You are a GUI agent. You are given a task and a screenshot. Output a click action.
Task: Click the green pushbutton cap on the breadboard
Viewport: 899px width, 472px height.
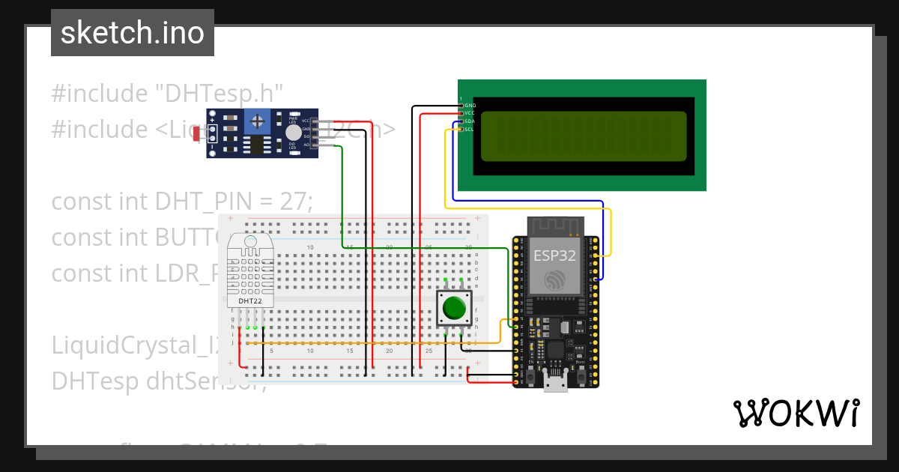[x=454, y=308]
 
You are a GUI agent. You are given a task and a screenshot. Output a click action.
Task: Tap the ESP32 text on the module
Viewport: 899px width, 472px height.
[x=554, y=255]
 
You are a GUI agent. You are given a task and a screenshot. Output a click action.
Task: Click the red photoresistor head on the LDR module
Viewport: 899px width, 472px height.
[x=196, y=134]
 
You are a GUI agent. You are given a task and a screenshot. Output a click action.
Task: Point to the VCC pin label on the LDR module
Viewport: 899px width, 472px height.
[x=306, y=121]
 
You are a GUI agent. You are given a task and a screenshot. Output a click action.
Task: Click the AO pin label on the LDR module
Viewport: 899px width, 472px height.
[x=306, y=145]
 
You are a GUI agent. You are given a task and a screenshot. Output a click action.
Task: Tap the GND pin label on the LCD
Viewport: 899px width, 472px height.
[x=470, y=106]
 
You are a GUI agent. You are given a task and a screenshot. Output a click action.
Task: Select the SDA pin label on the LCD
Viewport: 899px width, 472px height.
[x=470, y=121]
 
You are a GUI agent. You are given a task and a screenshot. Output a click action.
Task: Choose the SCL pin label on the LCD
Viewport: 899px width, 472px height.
[x=470, y=129]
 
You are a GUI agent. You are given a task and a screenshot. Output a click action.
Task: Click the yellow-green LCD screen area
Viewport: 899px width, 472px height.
[x=583, y=136]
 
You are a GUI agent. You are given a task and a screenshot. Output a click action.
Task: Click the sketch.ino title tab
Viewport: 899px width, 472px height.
[x=133, y=33]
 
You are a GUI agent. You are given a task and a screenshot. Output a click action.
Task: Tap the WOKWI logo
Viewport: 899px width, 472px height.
[x=796, y=413]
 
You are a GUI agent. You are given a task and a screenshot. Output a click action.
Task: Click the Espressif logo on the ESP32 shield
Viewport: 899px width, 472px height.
[x=554, y=280]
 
